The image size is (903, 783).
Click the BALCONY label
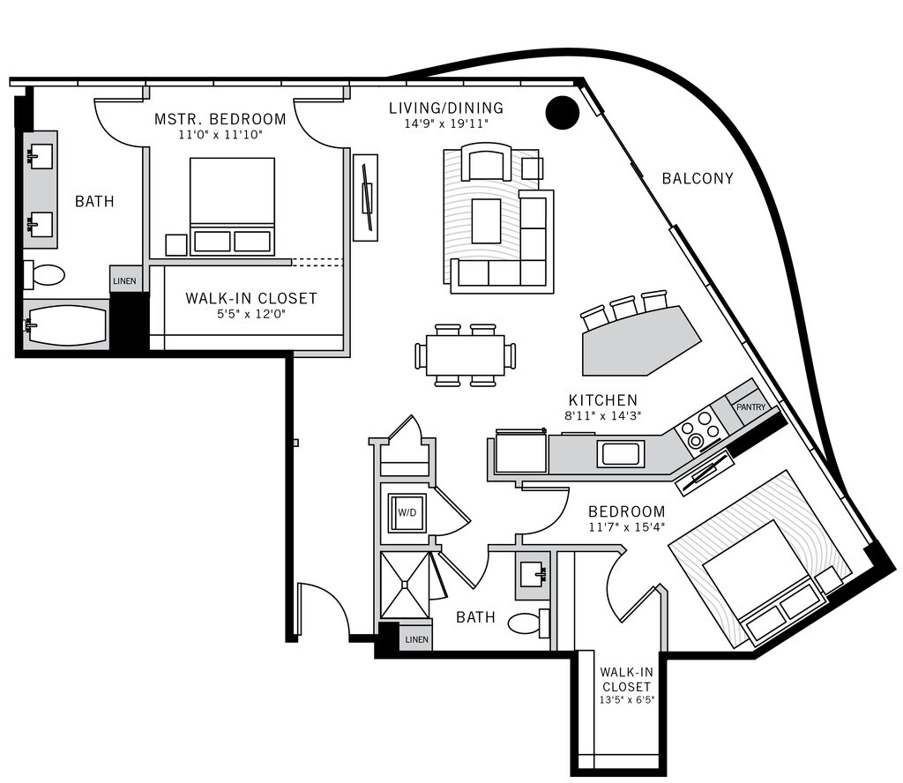pos(698,178)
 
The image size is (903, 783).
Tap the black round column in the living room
pos(562,112)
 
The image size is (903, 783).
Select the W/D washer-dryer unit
pos(407,511)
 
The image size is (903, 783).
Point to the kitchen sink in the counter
pos(620,454)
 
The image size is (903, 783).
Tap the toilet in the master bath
pos(45,275)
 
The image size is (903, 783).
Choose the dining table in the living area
pos(465,355)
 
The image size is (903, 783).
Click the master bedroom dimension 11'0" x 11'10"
pos(220,135)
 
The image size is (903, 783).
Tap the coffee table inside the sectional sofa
pos(486,220)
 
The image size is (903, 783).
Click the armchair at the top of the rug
pos(486,164)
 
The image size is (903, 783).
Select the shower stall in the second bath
pos(406,585)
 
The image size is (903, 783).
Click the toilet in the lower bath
pos(530,623)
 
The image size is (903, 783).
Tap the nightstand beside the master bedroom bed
pos(176,245)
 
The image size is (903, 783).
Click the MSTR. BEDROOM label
pos(220,119)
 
